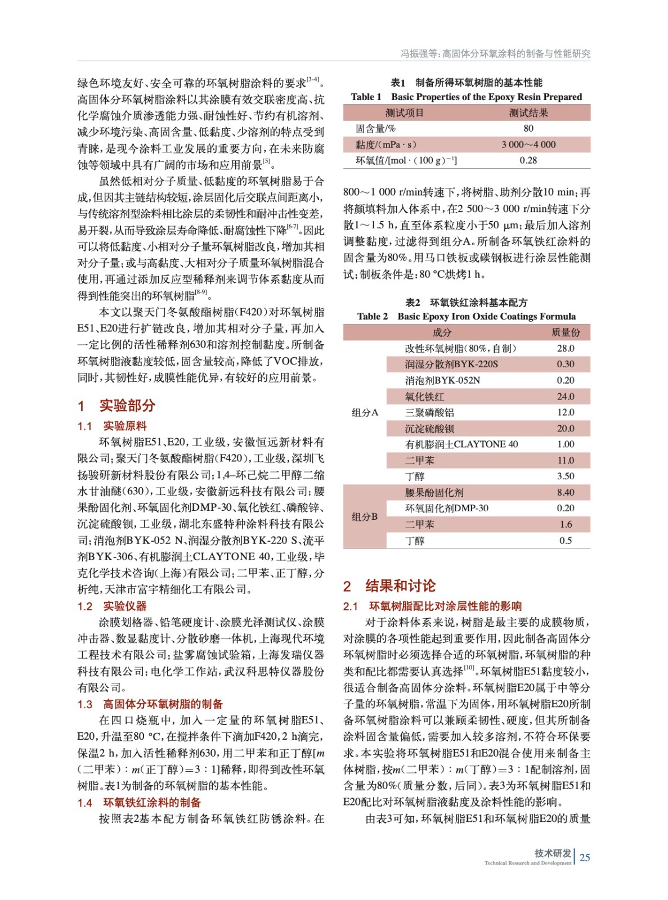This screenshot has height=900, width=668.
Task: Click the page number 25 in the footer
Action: point(585,857)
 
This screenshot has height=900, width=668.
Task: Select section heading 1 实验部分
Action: point(116,406)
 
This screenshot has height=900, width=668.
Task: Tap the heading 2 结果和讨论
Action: point(389,586)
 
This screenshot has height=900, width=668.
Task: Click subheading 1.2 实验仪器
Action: point(112,606)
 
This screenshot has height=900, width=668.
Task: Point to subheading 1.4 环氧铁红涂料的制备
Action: point(139,802)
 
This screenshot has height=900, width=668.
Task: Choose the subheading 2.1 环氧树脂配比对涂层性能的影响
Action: point(432,606)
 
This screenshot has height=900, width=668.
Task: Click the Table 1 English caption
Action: point(467,97)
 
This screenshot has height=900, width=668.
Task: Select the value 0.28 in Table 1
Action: point(528,160)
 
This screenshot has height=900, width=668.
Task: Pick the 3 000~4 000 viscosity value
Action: point(528,145)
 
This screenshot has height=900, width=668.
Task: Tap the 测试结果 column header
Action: point(528,112)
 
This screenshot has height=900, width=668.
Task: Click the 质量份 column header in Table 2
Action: point(566,332)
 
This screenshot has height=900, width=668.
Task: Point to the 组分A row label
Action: point(365,412)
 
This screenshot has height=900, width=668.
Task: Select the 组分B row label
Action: point(365,516)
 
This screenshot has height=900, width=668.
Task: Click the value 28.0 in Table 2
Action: point(566,348)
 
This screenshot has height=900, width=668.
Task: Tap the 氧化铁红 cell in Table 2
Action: point(424,397)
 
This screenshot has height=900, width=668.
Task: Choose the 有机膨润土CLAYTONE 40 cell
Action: point(461,444)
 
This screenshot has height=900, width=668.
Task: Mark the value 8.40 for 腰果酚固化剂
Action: point(566,492)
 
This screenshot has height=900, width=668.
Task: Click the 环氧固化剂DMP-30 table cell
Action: point(447,508)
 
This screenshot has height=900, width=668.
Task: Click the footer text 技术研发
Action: point(553,853)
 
